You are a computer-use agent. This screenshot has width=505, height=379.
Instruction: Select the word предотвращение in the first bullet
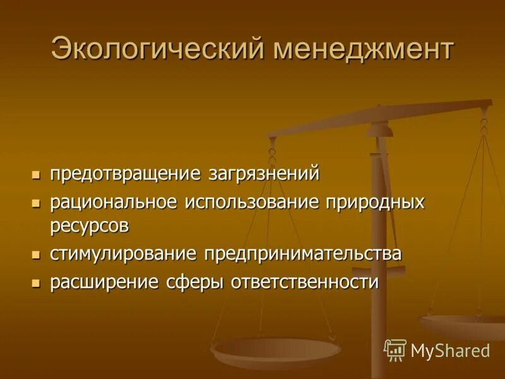(x=126, y=173)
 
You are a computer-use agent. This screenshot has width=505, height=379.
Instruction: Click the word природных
(x=375, y=203)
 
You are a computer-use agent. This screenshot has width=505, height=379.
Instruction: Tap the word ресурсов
(x=90, y=225)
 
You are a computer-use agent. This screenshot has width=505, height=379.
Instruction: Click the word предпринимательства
(x=302, y=254)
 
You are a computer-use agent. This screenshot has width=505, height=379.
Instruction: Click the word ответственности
(x=306, y=282)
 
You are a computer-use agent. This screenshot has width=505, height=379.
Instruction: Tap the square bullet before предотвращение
(x=36, y=174)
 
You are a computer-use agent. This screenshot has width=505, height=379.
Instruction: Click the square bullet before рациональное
(x=36, y=203)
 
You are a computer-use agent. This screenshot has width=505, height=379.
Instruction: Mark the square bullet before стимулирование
(x=36, y=255)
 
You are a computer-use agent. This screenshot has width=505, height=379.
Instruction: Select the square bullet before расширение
(x=36, y=282)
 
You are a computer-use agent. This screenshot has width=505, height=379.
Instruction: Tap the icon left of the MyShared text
(x=395, y=349)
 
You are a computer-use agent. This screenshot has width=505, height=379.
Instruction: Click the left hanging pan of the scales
(x=276, y=349)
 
